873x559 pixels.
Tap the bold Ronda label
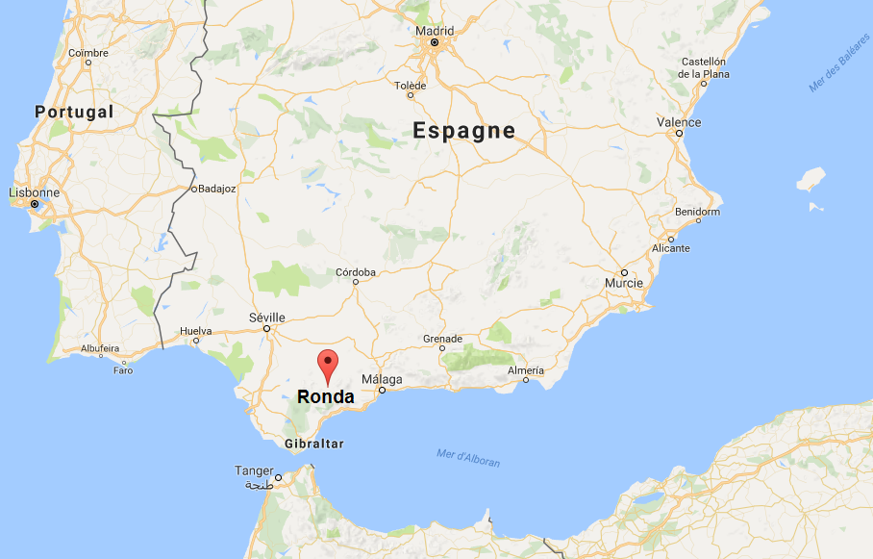326,396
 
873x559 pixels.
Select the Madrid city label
435,30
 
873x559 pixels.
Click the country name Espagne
464,131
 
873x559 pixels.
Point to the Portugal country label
74,112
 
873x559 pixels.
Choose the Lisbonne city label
34,192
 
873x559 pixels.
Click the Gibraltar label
314,444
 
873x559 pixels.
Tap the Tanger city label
254,470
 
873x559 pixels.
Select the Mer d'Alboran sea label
468,458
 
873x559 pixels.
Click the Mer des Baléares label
837,72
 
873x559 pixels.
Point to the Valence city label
679,122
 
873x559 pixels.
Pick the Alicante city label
671,248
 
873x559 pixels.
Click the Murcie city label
623,284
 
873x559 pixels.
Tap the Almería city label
526,370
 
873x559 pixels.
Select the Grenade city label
443,339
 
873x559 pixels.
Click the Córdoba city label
355,272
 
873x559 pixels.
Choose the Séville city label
266,318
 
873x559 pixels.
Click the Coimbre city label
88,53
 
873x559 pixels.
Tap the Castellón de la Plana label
705,67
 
